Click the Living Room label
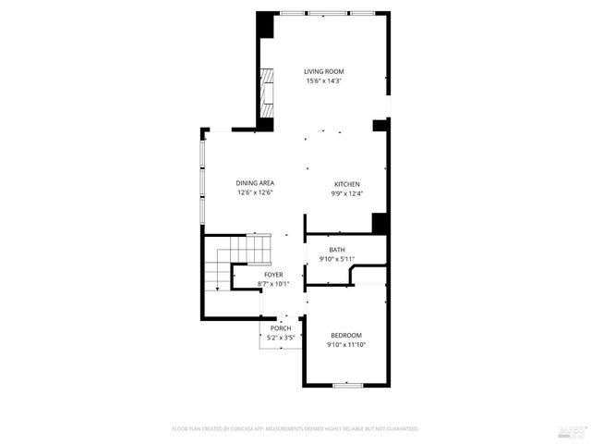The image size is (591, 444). click(324, 71)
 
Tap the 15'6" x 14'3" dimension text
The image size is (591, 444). click(324, 80)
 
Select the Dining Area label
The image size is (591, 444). click(256, 183)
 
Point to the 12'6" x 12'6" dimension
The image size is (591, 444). click(256, 193)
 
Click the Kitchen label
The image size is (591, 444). click(346, 183)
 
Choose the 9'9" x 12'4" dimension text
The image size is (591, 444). click(346, 193)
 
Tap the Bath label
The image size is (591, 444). click(337, 250)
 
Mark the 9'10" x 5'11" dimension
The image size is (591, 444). click(337, 259)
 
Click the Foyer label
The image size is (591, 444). click(273, 275)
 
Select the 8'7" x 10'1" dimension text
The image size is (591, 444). click(273, 284)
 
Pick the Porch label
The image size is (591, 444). click(281, 328)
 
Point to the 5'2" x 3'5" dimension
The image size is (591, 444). click(281, 338)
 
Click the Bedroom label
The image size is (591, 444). click(346, 335)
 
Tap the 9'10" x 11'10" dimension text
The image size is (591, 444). click(346, 344)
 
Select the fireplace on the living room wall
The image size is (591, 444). click(267, 93)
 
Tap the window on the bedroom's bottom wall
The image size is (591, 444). click(347, 384)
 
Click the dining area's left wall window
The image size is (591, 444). click(203, 181)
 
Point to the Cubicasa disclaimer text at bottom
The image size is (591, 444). click(295, 429)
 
